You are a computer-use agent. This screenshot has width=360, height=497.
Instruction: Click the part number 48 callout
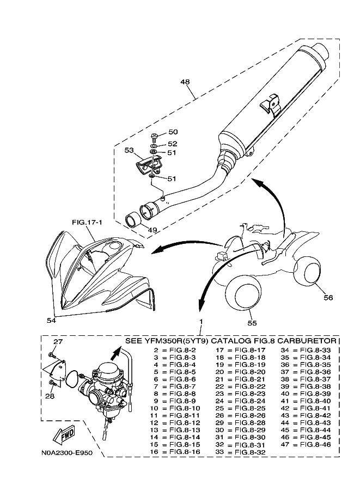pyautogui.click(x=185, y=82)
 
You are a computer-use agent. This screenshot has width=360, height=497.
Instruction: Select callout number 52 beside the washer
pyautogui.click(x=173, y=144)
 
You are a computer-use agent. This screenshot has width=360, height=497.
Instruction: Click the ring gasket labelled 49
pyautogui.click(x=133, y=219)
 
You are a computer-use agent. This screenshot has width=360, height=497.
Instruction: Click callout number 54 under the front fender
pyautogui.click(x=51, y=321)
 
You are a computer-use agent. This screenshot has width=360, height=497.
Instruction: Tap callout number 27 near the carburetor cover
pyautogui.click(x=58, y=342)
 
